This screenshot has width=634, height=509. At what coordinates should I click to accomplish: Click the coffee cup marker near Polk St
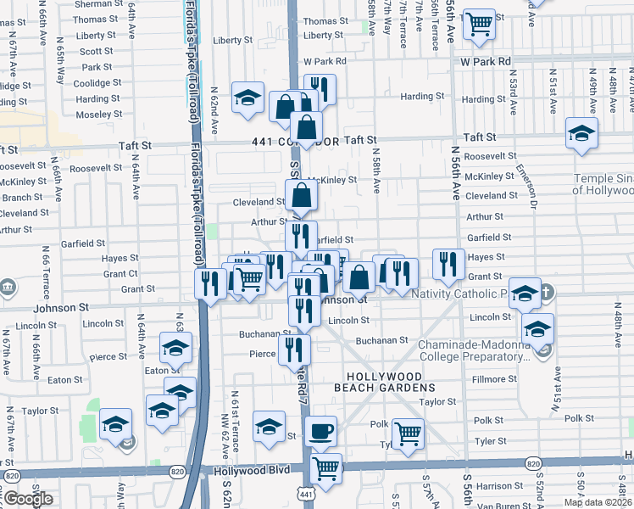pos(320,432)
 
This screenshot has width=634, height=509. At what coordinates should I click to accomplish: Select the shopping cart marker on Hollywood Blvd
pos(325,467)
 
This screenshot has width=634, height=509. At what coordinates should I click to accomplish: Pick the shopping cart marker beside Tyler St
pos(409,433)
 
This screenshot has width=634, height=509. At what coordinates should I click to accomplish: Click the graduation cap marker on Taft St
pos(582,133)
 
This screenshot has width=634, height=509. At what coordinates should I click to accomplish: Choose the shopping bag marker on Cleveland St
pos(302,196)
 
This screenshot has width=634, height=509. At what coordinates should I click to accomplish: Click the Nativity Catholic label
pos(458,294)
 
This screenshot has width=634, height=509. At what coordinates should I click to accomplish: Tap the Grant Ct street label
pos(120,274)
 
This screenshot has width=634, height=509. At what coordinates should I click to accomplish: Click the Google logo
pos(28,499)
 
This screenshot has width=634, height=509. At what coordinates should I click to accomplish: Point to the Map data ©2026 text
pos(598,502)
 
